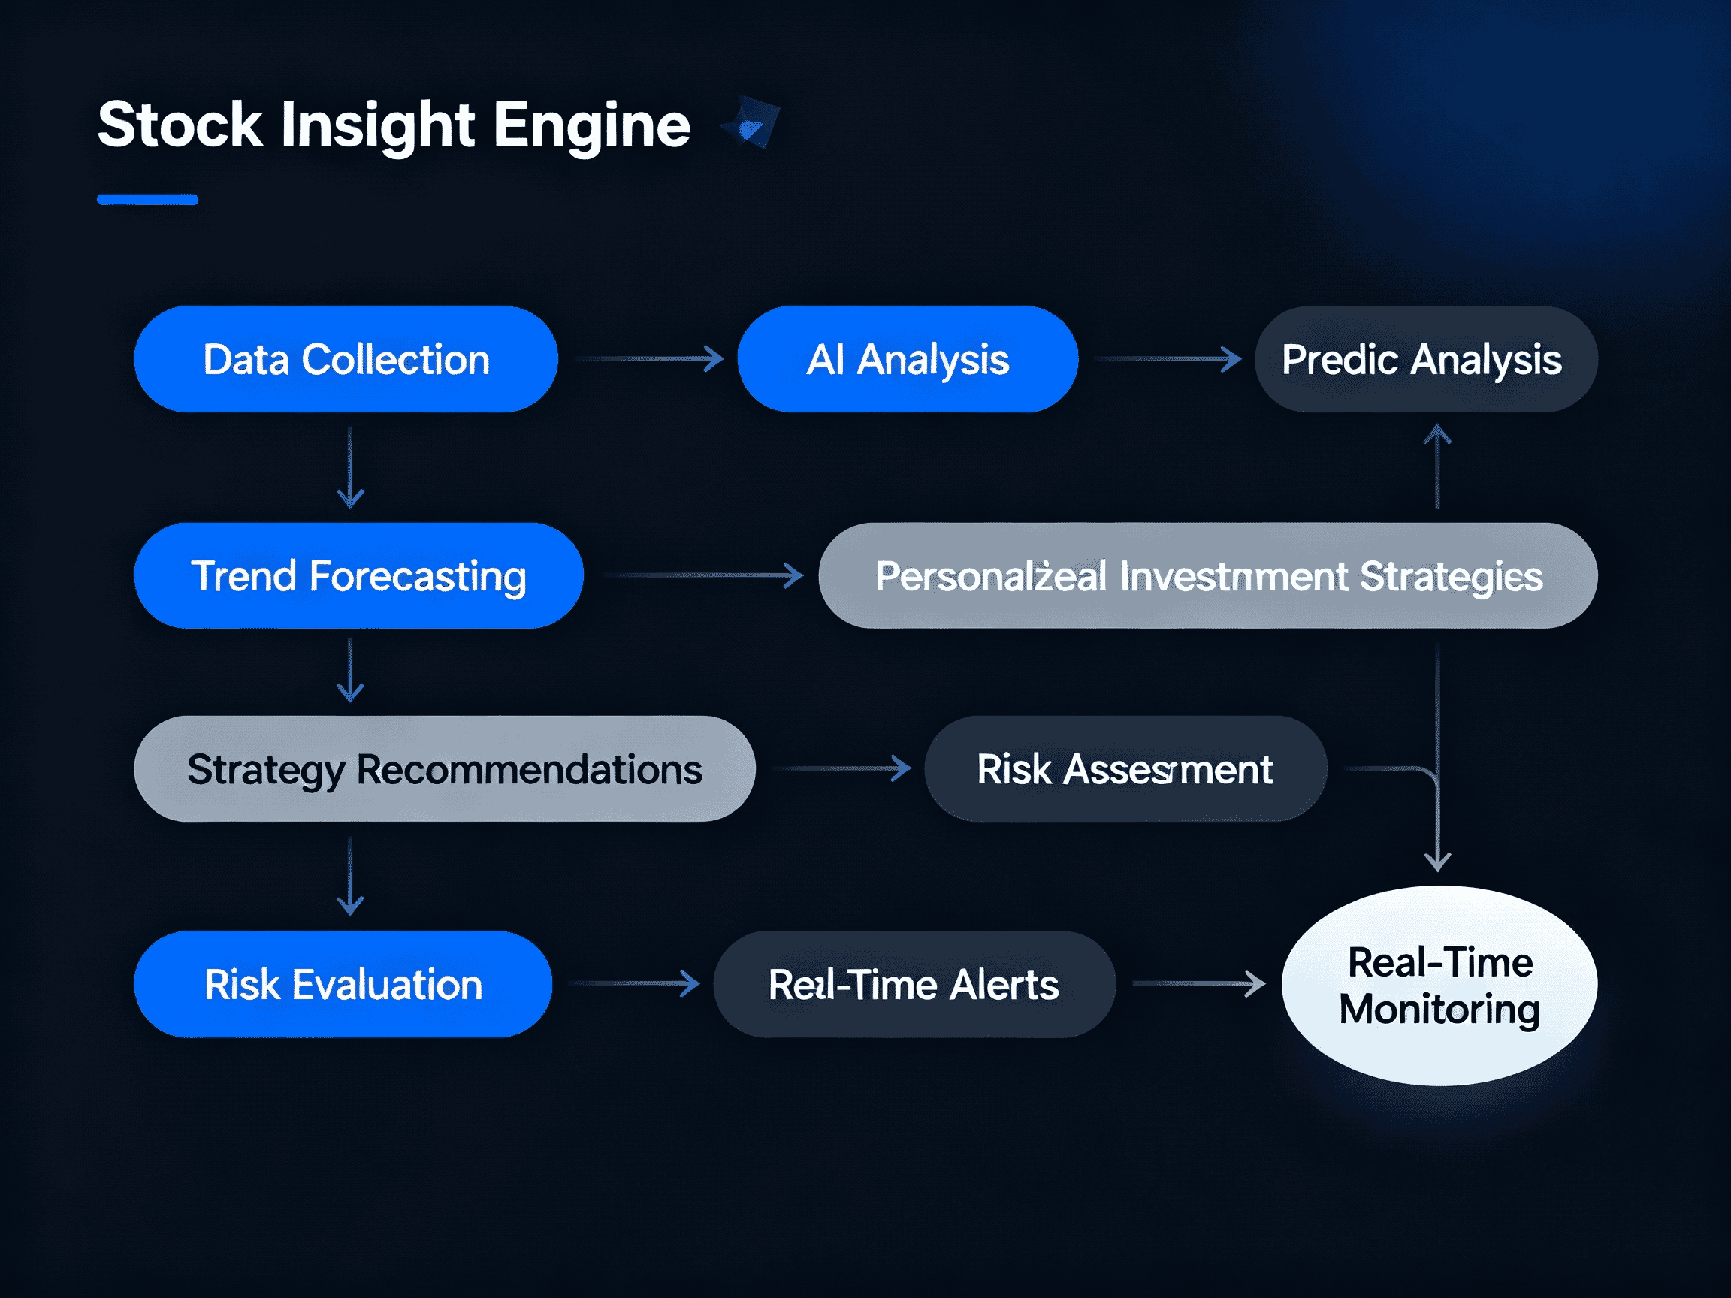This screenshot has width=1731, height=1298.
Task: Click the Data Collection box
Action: click(345, 359)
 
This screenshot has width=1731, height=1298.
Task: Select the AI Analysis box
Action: click(908, 359)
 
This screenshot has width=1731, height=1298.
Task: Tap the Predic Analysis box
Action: click(1426, 359)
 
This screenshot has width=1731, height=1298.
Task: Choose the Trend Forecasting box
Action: click(358, 576)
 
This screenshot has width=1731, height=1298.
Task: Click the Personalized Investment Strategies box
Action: click(1207, 576)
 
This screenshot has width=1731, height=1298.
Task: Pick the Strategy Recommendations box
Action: click(445, 769)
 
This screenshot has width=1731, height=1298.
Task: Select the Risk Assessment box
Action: click(1125, 769)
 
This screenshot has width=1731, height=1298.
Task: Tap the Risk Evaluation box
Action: click(343, 984)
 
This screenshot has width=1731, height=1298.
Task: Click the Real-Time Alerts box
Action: click(914, 984)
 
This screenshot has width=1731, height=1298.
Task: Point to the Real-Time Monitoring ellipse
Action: click(1439, 986)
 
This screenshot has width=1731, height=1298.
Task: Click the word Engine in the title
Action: click(591, 125)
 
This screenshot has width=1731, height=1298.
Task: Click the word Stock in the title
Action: click(180, 125)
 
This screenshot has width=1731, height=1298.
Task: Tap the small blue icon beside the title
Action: click(751, 124)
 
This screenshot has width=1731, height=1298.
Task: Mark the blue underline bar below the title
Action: click(147, 200)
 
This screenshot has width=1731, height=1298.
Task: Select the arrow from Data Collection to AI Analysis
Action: click(650, 359)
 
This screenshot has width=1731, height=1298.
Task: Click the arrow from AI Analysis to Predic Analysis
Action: click(1168, 359)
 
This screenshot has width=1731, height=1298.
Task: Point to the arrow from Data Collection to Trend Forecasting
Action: click(350, 468)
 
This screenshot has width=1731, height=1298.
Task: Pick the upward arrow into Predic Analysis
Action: click(1437, 466)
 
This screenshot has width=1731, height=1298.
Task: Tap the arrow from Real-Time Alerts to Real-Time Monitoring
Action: click(1198, 983)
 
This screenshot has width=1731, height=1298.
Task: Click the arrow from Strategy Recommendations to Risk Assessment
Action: click(841, 768)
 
